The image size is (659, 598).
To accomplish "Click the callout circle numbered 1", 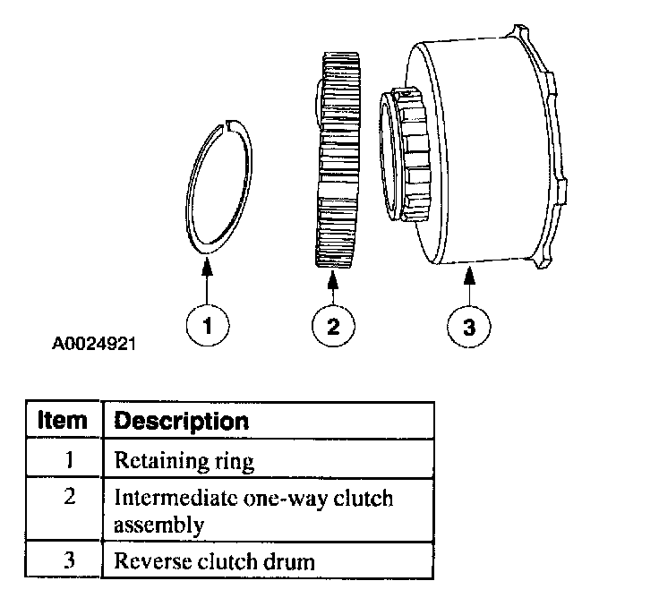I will point(207,326).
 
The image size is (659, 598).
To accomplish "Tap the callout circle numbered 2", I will point(332,326).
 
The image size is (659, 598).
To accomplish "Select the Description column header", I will point(182,421).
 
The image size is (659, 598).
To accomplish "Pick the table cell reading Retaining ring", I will point(184,462).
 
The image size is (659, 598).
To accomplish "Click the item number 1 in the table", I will point(69,462).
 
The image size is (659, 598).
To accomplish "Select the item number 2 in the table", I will point(69,498).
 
